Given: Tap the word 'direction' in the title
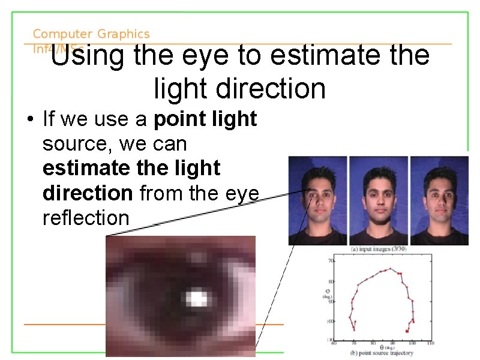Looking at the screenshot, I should pyautogui.click(x=239, y=89).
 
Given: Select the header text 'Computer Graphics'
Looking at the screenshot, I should pyautogui.click(x=91, y=35).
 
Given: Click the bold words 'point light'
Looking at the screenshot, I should pyautogui.click(x=205, y=119).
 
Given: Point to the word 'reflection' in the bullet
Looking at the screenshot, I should pyautogui.click(x=86, y=218).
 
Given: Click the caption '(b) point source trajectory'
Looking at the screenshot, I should pyautogui.click(x=380, y=353).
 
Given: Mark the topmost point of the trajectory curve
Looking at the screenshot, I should pyautogui.click(x=391, y=268).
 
